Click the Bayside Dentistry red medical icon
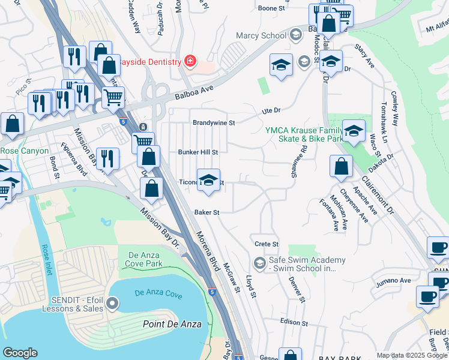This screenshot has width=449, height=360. coord(190,62)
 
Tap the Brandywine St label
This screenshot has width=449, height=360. coord(213,122)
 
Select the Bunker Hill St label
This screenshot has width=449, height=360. coord(197,152)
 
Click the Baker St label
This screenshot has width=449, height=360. coord(207,212)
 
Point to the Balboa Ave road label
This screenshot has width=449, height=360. coord(194,91)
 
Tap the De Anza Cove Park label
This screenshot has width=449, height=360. coord(145,259)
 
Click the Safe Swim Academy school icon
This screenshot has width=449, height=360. coord(259,263)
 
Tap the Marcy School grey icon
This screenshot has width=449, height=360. coord(295,35)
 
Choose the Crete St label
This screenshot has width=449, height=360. coord(267,244)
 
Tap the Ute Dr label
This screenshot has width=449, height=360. coord(271,111)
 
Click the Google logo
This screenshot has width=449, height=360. coord(20,353)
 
